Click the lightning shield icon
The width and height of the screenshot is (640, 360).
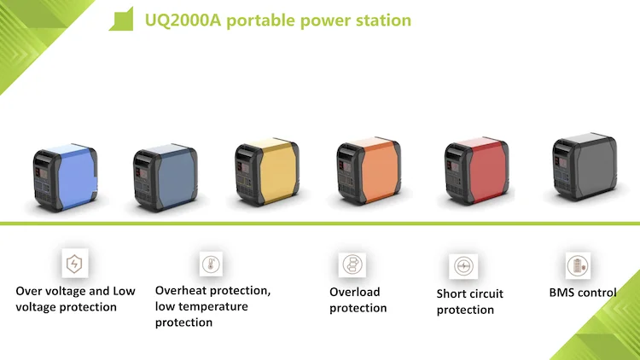pyautogui.click(x=75, y=264)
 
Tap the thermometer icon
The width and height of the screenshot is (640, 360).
pyautogui.click(x=211, y=263)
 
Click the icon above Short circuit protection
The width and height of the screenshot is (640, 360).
pyautogui.click(x=462, y=266)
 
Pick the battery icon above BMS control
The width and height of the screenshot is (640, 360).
pyautogui.click(x=578, y=264)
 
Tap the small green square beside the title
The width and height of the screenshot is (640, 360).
pyautogui.click(x=119, y=20)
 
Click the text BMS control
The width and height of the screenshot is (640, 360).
pyautogui.click(x=582, y=293)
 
